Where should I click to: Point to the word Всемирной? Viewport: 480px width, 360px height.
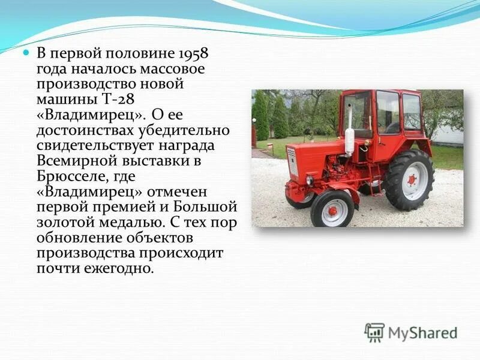pos(76,162)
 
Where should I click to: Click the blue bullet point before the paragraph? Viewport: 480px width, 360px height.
pos(26,53)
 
